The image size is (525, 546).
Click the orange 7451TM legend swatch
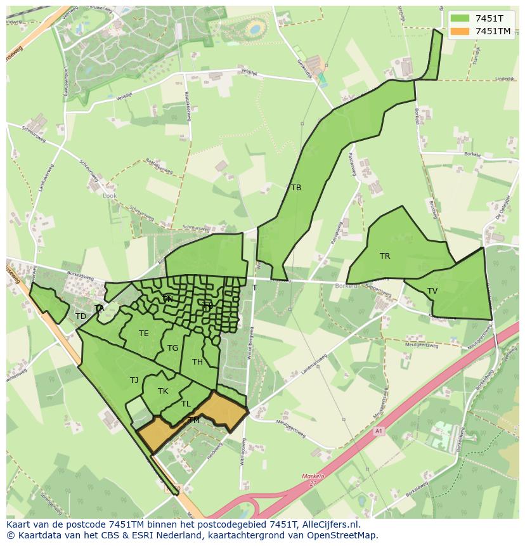coord(460,31)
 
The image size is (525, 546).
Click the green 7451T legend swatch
coord(460,18)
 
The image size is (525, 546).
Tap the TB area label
coord(296,188)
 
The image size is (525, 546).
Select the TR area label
coord(385,256)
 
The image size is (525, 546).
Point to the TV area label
coord(432,291)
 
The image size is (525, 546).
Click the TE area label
coord(144,334)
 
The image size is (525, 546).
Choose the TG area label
coord(173,348)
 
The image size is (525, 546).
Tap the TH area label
coord(197,362)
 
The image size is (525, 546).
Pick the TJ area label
coord(134,380)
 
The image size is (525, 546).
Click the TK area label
coord(163,391)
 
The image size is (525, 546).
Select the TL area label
coord(186,404)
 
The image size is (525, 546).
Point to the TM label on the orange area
coord(194,420)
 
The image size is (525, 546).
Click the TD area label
coord(81,316)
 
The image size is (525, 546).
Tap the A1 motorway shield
coord(379,431)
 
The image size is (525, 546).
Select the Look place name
coord(110,196)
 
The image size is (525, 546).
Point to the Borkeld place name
coord(346,286)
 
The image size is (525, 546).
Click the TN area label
coord(167,299)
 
